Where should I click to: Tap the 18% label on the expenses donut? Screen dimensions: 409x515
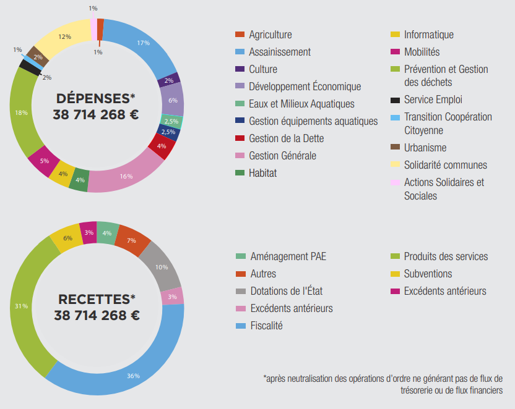coord(20,112)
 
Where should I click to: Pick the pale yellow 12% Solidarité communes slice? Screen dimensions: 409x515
coord(63,38)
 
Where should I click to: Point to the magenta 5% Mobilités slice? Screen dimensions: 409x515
coord(43,161)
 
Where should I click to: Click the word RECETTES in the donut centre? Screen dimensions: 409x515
coord(96,299)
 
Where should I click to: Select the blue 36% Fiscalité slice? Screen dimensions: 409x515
coord(133,375)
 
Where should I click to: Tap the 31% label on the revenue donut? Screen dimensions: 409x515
coord(20,306)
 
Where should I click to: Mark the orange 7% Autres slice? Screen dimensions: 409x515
coord(132,240)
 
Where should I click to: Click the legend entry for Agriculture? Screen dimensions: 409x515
coord(270,35)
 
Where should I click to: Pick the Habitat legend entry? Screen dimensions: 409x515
coord(262,173)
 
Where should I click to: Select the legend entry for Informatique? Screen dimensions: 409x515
coord(428,35)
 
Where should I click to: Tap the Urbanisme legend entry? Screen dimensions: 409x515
coord(425,148)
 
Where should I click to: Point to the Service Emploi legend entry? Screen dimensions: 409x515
coord(433,99)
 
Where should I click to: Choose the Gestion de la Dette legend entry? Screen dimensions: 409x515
coord(286,138)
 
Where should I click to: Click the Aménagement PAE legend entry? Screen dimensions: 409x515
coord(288,256)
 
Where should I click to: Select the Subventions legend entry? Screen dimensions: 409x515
coord(428,273)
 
